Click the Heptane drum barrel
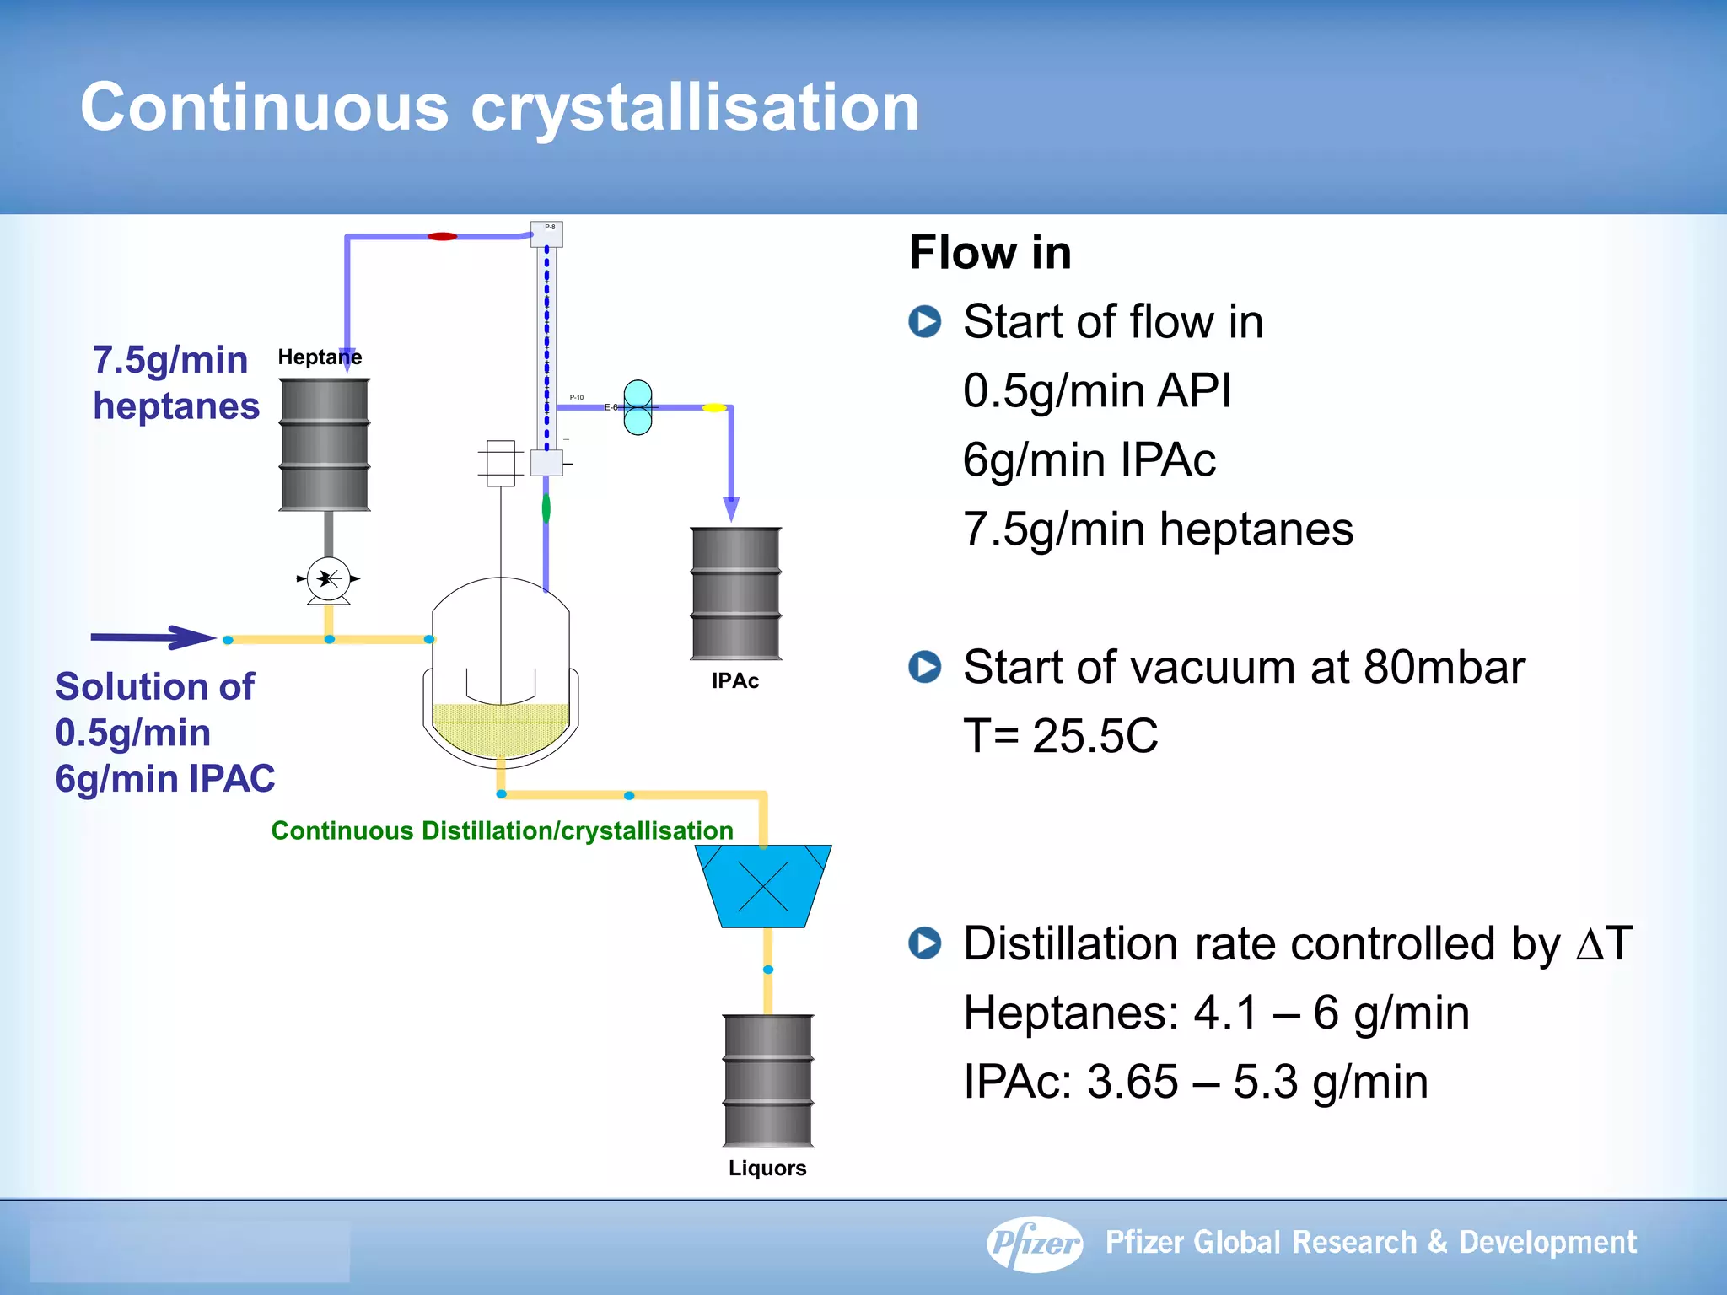coord(325,444)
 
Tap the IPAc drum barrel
coord(735,593)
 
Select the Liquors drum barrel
coord(768,1080)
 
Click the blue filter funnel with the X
coord(763,886)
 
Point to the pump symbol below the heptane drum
coord(328,579)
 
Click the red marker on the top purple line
coord(442,237)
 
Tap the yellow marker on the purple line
coord(713,408)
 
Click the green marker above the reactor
coord(546,508)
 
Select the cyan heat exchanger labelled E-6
coord(638,407)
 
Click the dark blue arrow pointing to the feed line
coord(152,637)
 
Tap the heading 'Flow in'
coord(990,252)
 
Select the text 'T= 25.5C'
coord(1060,736)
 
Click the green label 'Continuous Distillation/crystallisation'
coord(502,830)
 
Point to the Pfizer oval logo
coord(1035,1243)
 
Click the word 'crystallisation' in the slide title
coord(695,107)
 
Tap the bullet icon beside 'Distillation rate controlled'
coord(925,943)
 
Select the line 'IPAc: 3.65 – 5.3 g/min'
coord(1195,1082)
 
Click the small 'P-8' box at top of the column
coord(546,233)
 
